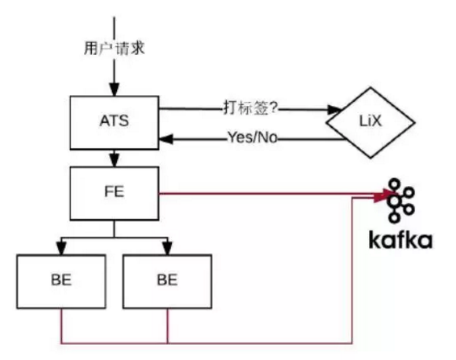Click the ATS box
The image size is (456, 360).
[115, 121]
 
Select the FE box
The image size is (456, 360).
[115, 193]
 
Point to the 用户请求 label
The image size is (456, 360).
[115, 48]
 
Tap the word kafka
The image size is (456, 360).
[400, 238]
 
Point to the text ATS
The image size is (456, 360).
[115, 122]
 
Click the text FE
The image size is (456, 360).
[115, 193]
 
